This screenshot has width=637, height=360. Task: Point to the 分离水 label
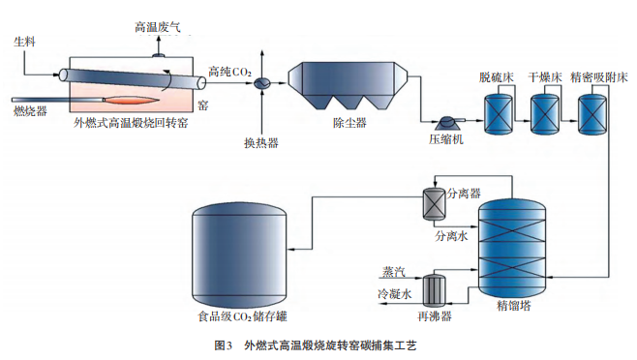(451, 235)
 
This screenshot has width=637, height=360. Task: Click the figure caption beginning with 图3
(318, 345)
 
